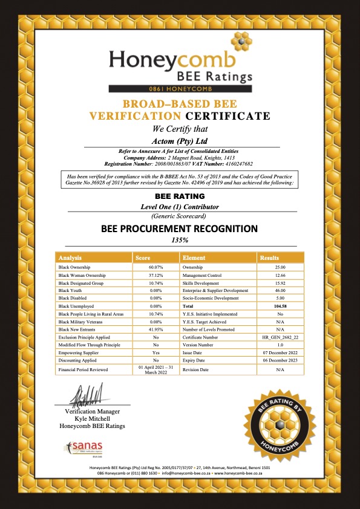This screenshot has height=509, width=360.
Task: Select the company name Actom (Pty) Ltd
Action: point(180,140)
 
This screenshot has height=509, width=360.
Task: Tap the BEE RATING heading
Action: point(180,196)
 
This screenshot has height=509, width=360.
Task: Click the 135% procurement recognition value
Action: point(180,239)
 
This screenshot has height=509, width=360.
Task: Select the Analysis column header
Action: point(70,257)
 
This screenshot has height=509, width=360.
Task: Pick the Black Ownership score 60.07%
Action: point(156,267)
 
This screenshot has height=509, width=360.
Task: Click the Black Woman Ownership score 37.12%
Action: point(156,274)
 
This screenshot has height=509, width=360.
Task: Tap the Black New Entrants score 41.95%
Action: point(156,329)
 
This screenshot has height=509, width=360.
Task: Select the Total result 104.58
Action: point(280,306)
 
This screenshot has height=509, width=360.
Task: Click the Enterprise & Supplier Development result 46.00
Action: point(280,290)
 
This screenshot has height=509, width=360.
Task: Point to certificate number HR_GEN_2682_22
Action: point(280,337)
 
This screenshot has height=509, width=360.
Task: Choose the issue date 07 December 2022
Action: point(280,353)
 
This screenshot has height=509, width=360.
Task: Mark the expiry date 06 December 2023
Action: point(280,361)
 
